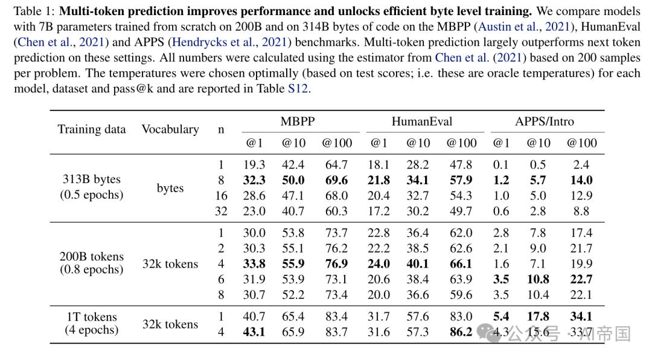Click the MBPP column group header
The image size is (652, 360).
298,121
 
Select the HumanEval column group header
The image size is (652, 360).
421,121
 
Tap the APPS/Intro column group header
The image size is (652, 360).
545,121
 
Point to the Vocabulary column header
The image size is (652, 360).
170,129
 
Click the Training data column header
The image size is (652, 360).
92,129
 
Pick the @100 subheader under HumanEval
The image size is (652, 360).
462,143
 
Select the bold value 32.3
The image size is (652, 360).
254,180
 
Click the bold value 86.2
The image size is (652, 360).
461,332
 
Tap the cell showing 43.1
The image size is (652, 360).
254,332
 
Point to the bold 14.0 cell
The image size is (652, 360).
581,180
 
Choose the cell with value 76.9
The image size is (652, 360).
336,264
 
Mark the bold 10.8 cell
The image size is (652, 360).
538,279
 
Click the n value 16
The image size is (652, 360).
221,196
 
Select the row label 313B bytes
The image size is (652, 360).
92,179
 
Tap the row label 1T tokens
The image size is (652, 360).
92,317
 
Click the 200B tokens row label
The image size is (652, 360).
92,256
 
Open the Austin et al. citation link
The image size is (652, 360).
524,27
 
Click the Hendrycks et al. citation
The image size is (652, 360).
229,42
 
